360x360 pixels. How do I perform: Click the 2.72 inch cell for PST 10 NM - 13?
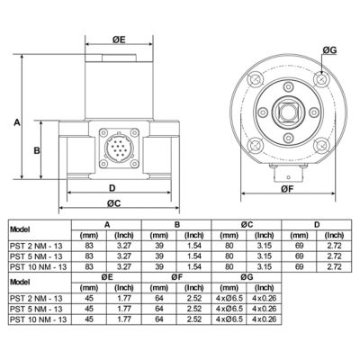pyautogui.click(x=334, y=266)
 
